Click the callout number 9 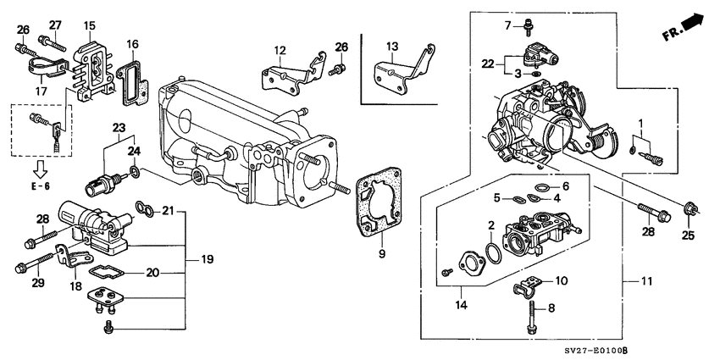(380, 252)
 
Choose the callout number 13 (391, 46)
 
